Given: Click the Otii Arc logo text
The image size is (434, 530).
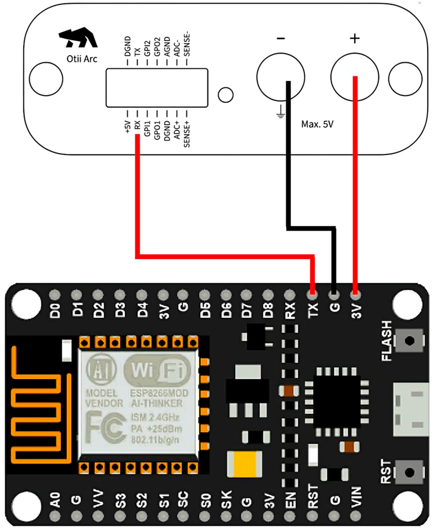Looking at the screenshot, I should [x=82, y=59].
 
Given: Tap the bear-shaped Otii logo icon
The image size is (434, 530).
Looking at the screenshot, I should [x=78, y=38].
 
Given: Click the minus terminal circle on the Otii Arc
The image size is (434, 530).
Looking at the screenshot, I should [x=280, y=77].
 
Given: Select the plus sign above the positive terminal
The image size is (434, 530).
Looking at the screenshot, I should [x=355, y=39].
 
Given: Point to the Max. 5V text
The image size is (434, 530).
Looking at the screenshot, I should [x=317, y=124].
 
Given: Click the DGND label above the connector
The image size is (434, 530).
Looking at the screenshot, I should [x=128, y=46].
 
